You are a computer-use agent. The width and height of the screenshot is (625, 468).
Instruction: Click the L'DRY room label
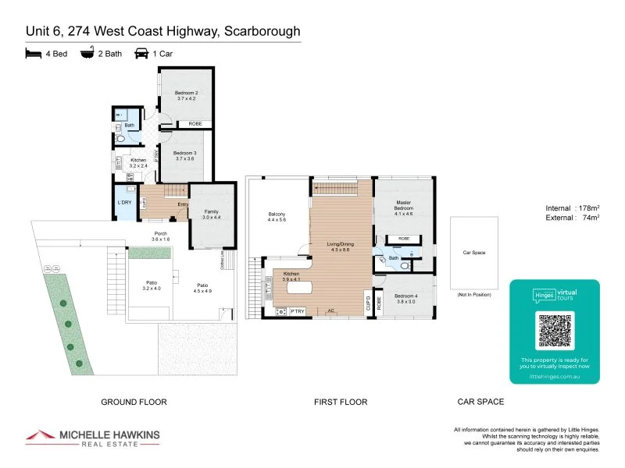coord(124,203)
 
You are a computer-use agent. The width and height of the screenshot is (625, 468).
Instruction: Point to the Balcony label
coord(277,217)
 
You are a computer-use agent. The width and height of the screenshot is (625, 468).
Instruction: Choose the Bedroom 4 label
coord(405,298)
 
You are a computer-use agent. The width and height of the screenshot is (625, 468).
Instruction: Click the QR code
coord(555,330)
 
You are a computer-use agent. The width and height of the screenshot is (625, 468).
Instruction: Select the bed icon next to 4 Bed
coord(32,55)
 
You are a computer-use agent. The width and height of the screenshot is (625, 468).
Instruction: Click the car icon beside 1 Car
coord(142,55)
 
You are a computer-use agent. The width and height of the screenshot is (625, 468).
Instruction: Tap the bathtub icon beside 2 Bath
coord(87,55)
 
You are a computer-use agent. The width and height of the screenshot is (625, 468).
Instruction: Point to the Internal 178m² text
coord(573,208)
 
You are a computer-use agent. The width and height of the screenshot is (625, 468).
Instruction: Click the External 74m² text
coord(573,218)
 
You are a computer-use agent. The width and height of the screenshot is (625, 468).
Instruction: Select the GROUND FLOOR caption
coord(134,402)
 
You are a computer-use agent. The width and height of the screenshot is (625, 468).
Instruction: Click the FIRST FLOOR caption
coord(341,402)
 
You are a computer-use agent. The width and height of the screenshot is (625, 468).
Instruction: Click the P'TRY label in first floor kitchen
coord(297,311)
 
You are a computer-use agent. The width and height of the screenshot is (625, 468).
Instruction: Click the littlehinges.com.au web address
coord(555,376)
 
